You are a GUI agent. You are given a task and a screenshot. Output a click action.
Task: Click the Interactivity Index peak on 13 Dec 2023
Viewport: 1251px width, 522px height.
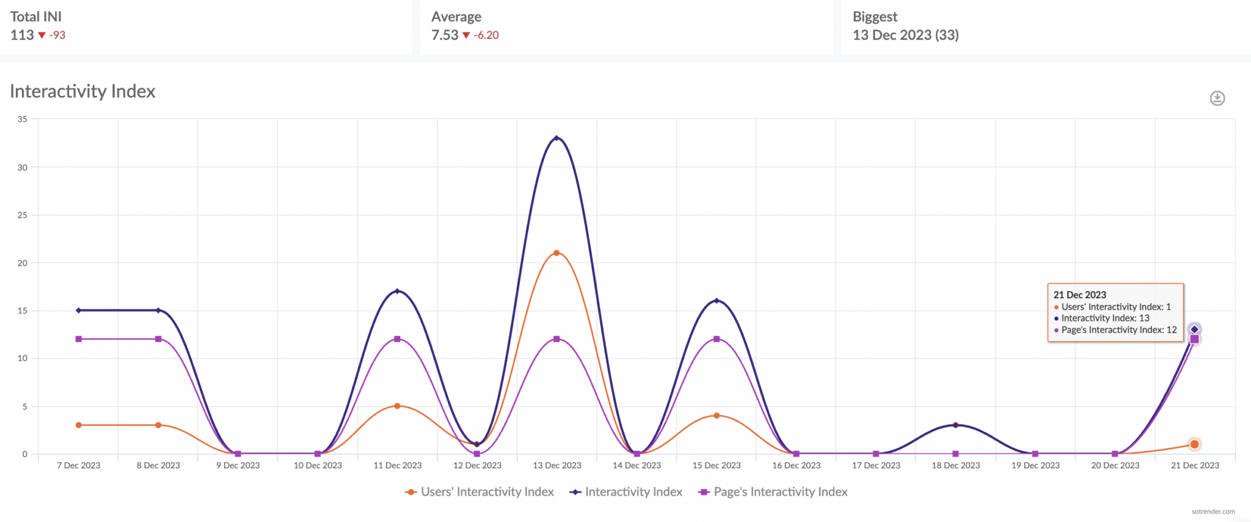click(x=556, y=138)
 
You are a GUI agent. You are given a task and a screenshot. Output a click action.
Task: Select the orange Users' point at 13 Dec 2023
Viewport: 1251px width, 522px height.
click(x=556, y=253)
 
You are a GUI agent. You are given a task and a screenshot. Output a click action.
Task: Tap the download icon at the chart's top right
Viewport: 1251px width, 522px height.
click(x=1217, y=98)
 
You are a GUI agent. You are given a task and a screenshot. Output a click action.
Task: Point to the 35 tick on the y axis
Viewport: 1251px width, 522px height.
click(x=23, y=119)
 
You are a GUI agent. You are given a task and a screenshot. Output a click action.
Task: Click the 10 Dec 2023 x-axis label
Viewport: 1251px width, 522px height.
click(x=318, y=466)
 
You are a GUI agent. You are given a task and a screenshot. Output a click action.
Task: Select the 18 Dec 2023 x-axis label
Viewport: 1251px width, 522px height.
click(x=955, y=466)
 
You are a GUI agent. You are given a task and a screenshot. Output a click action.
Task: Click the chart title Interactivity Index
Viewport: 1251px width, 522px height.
click(x=82, y=92)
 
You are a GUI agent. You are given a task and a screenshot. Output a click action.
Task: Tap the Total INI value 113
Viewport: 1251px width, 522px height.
click(x=22, y=35)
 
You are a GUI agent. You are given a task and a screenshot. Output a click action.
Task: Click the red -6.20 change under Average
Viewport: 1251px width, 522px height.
click(x=486, y=35)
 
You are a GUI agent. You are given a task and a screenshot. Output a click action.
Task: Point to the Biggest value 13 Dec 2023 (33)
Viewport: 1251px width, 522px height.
click(x=905, y=35)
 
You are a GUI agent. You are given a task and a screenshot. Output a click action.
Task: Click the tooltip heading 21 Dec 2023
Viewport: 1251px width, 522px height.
click(x=1079, y=295)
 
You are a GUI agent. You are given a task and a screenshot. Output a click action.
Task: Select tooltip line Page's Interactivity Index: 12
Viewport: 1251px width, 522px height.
click(x=1118, y=330)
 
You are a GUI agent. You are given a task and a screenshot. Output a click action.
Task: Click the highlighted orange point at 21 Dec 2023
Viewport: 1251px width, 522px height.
click(x=1194, y=444)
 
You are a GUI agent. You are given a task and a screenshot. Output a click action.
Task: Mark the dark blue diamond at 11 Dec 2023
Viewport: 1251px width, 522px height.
click(x=397, y=291)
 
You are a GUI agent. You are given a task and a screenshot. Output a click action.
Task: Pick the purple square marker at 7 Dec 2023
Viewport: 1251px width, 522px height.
click(x=79, y=339)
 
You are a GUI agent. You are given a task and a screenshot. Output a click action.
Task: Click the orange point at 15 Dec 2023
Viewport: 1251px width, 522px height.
click(x=717, y=416)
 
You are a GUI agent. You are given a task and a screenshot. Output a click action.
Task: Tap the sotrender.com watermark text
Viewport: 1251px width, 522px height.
click(x=1213, y=512)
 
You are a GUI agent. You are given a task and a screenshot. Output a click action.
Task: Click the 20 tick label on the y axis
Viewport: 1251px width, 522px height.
click(x=23, y=263)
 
